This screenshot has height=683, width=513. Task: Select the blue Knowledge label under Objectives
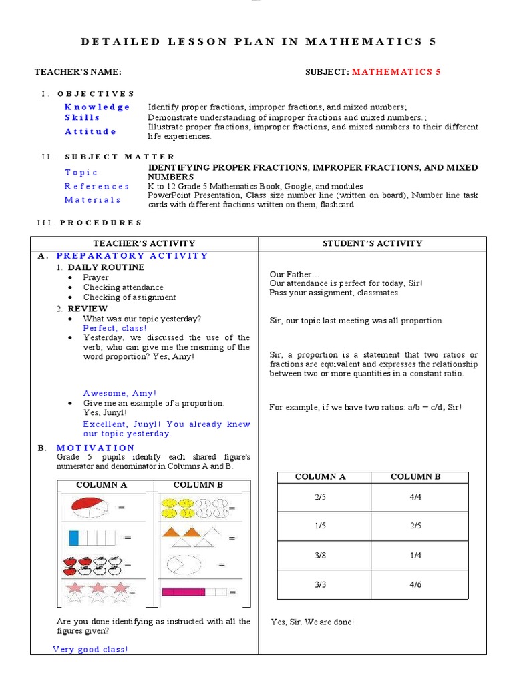pyautogui.click(x=98, y=107)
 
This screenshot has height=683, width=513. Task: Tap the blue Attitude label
pyautogui.click(x=91, y=131)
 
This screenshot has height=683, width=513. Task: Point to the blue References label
pyautogui.click(x=98, y=187)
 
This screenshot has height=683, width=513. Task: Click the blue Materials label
pyautogui.click(x=93, y=199)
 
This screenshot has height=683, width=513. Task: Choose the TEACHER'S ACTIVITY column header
pyautogui.click(x=144, y=243)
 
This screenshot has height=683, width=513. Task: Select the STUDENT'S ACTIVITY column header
pyautogui.click(x=372, y=243)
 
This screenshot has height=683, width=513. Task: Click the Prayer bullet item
pyautogui.click(x=96, y=277)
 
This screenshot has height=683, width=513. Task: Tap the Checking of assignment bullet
pyautogui.click(x=130, y=297)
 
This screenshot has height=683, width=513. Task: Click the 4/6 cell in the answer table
pyautogui.click(x=415, y=584)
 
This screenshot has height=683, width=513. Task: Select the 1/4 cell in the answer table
pyautogui.click(x=415, y=555)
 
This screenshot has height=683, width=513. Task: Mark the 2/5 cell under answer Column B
pyautogui.click(x=415, y=526)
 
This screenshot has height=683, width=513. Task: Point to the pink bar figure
pyautogui.click(x=194, y=592)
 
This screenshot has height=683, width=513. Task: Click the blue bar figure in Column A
pyautogui.click(x=92, y=537)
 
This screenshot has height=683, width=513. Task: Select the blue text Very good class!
pyautogui.click(x=90, y=649)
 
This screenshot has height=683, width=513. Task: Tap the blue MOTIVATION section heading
pyautogui.click(x=96, y=448)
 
